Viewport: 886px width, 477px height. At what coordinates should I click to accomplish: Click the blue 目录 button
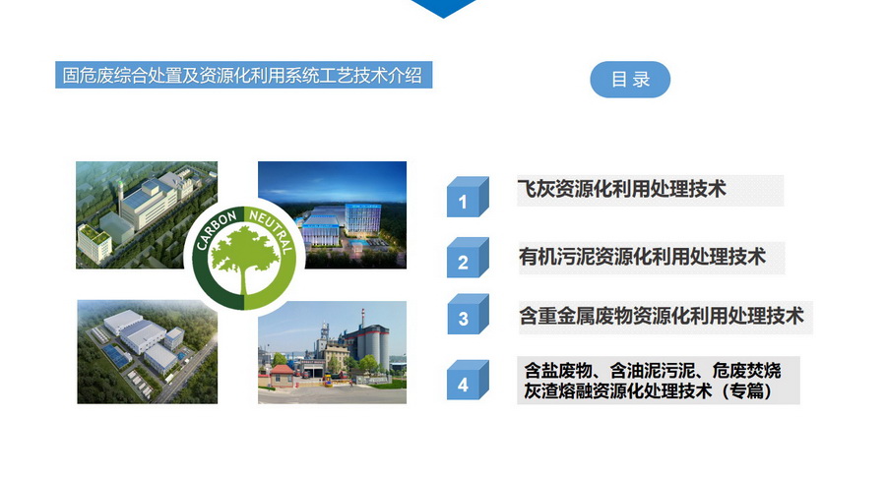(x=630, y=80)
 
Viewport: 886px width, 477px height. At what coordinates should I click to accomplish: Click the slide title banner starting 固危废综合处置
(x=243, y=75)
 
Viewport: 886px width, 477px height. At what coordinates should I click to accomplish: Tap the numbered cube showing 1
(x=468, y=197)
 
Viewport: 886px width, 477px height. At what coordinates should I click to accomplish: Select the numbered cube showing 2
(x=468, y=258)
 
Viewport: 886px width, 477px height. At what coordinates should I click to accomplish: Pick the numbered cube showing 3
(x=468, y=315)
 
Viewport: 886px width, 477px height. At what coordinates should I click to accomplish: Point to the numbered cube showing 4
(x=468, y=380)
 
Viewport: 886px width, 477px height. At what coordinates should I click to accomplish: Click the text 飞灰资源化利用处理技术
(x=621, y=189)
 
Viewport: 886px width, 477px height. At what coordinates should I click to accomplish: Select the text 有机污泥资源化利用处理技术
(x=643, y=257)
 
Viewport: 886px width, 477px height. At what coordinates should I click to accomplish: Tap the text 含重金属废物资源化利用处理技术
(x=662, y=316)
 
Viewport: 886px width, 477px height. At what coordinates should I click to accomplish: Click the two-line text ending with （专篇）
(x=652, y=381)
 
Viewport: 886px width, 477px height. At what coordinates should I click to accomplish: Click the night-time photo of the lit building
(x=333, y=215)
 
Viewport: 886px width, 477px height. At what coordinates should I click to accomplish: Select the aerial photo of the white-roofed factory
(x=148, y=352)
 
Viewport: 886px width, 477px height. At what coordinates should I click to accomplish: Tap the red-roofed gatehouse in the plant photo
(x=282, y=376)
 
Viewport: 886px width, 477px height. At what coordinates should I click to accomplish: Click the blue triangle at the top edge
(x=444, y=8)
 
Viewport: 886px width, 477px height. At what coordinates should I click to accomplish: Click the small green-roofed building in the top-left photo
(x=94, y=243)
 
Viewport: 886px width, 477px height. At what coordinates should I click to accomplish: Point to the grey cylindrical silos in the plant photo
(x=370, y=346)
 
